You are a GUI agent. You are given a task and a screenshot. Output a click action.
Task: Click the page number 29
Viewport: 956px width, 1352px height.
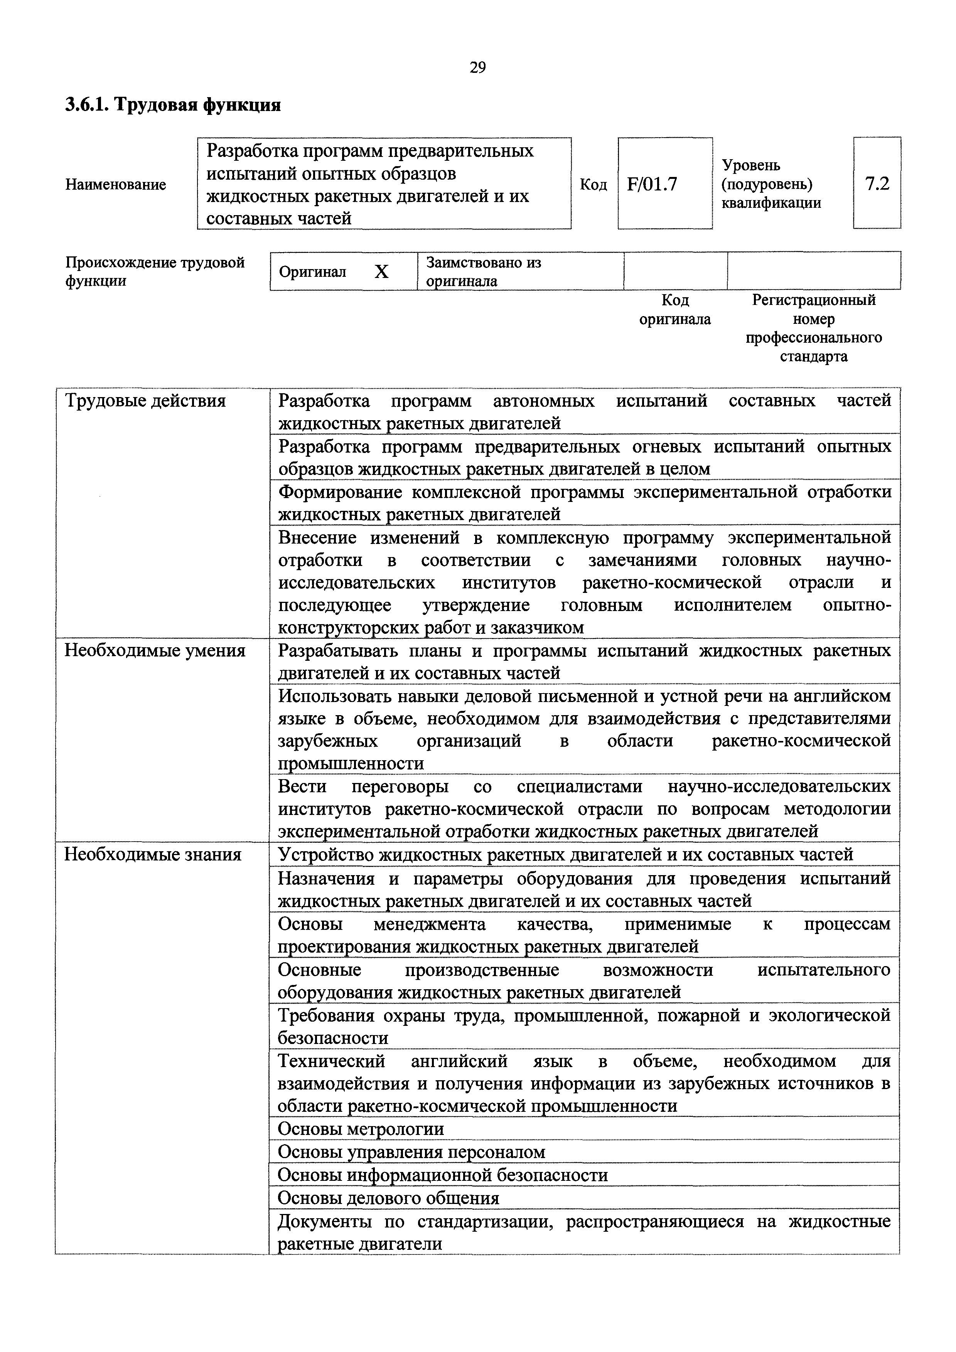pyautogui.click(x=478, y=68)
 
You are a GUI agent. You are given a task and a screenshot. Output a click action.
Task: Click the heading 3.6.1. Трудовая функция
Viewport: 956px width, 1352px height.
pyautogui.click(x=173, y=105)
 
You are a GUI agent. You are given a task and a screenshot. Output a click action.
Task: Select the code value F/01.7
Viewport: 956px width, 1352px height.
pyautogui.click(x=652, y=184)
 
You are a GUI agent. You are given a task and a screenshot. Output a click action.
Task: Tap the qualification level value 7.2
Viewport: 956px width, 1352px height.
pyautogui.click(x=877, y=184)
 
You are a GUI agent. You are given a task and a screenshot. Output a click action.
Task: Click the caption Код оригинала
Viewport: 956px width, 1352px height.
pyautogui.click(x=675, y=310)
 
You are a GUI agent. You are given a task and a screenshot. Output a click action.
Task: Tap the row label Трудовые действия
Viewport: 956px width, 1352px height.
pyautogui.click(x=145, y=401)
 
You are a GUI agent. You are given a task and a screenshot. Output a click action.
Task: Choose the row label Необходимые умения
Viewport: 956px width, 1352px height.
pyautogui.click(x=154, y=651)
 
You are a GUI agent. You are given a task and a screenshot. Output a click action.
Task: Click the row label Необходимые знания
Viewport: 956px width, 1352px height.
pyautogui.click(x=153, y=854)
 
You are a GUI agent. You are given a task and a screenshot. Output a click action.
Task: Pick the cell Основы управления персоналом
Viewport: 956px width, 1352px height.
pyautogui.click(x=411, y=1152)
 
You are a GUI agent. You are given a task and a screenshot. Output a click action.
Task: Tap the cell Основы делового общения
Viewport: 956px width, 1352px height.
pyautogui.click(x=388, y=1198)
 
